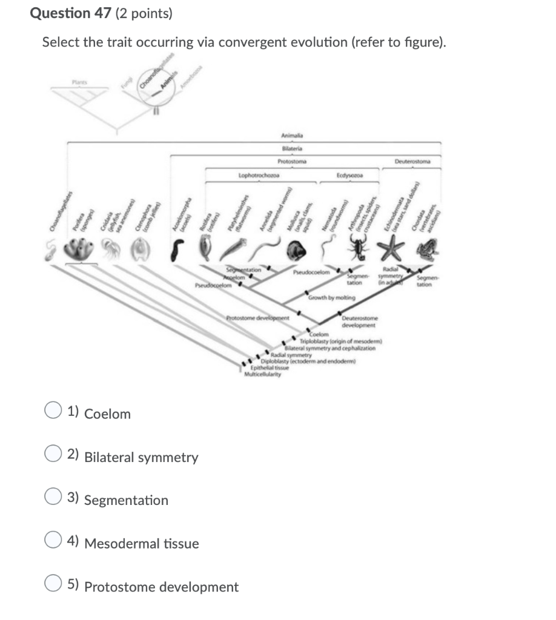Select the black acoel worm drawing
(x=177, y=250)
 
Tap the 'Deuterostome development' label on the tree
(x=360, y=322)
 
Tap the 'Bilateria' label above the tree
(x=292, y=148)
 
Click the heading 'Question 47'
(x=69, y=13)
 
